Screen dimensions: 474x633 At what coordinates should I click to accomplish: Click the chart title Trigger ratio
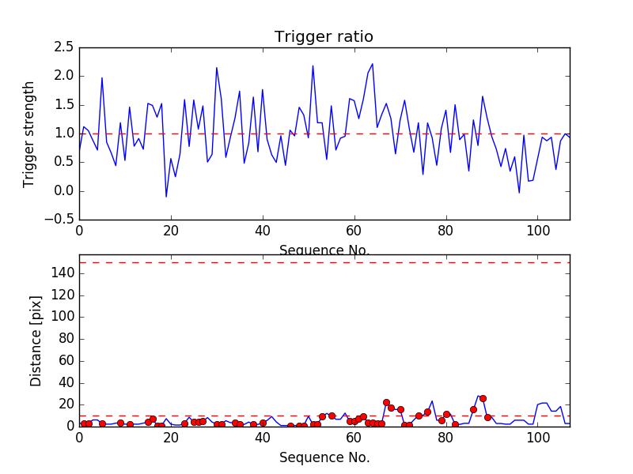click(x=324, y=37)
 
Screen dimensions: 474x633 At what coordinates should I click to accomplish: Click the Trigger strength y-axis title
click(x=29, y=134)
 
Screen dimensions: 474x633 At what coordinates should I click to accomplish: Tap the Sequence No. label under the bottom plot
click(x=324, y=457)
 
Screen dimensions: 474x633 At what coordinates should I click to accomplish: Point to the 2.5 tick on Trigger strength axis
click(x=63, y=47)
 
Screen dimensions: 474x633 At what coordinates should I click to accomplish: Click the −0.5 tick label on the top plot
click(x=60, y=220)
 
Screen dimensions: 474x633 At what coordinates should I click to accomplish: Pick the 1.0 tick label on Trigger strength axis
click(x=63, y=134)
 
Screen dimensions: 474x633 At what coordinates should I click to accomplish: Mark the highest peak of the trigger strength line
click(x=373, y=64)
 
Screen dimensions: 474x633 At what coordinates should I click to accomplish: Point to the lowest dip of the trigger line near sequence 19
click(x=166, y=197)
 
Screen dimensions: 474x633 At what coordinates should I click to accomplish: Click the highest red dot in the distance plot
click(x=483, y=398)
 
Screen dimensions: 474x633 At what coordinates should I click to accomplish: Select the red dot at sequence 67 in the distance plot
click(x=386, y=403)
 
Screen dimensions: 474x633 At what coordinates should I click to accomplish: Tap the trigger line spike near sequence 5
click(x=102, y=77)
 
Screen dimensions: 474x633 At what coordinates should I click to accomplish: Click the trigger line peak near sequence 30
click(x=217, y=68)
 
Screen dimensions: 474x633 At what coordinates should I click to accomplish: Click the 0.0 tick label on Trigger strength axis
click(x=63, y=191)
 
